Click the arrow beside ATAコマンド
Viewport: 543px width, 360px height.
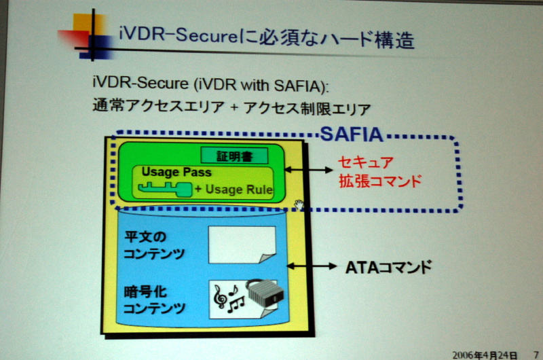click(x=309, y=267)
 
